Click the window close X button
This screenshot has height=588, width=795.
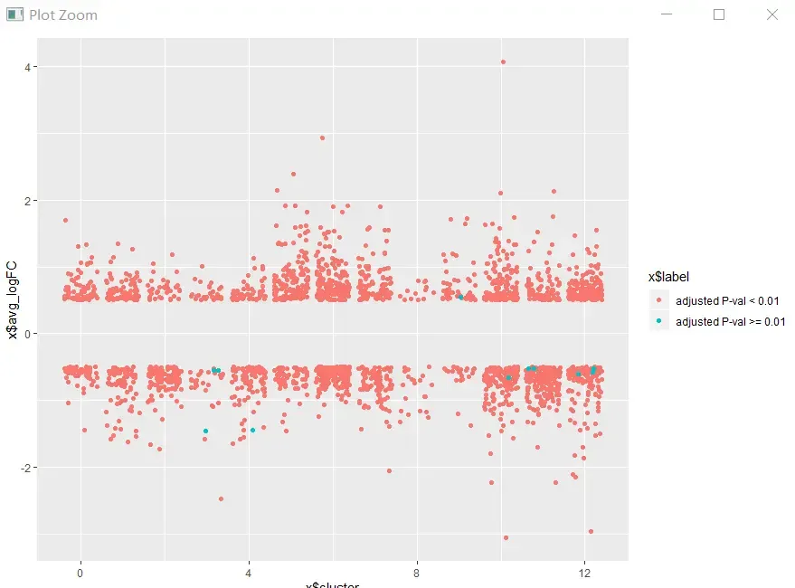771,14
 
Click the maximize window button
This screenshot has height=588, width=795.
719,14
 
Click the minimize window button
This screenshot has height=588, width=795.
667,14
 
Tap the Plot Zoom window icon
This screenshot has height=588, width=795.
14,15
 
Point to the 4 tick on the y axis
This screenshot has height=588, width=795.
29,67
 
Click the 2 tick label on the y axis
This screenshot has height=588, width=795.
29,201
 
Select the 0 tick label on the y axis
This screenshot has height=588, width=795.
29,334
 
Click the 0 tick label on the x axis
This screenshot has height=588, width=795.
80,573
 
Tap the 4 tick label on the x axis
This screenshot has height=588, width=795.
249,573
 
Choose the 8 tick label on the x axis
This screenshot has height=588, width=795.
416,573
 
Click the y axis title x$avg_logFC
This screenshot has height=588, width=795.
12,300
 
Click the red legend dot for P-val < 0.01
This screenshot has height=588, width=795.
659,300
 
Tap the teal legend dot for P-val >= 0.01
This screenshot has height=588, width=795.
659,321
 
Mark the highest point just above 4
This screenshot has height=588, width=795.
503,62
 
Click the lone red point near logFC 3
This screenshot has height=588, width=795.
322,138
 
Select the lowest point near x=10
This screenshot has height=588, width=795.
506,537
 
